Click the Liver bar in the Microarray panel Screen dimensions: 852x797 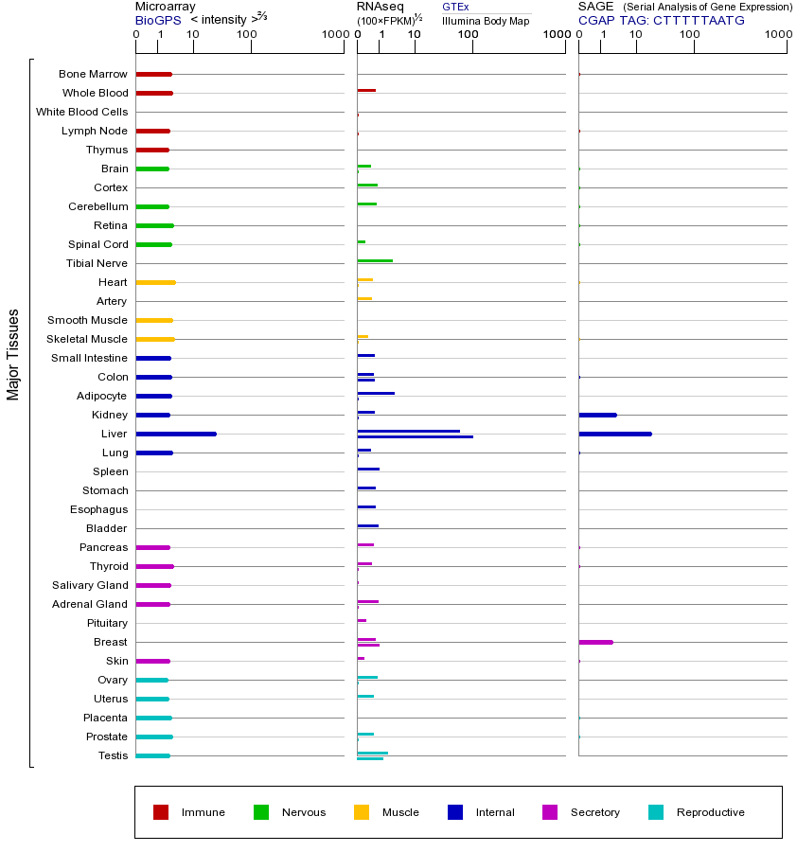coord(176,434)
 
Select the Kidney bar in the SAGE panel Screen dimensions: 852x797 coord(597,415)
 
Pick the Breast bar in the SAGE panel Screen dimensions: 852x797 coord(595,642)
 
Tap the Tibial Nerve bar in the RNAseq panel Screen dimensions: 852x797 coord(375,260)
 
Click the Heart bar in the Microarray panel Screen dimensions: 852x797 coord(155,282)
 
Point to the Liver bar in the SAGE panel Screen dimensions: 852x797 coord(615,434)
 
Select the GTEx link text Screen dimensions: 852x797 coord(455,7)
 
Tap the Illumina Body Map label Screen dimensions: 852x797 coord(486,20)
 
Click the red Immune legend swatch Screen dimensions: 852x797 coord(161,812)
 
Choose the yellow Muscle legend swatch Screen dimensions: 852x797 coord(362,812)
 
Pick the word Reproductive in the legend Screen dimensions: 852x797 coord(710,812)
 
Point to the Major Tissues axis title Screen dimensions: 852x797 coord(13,354)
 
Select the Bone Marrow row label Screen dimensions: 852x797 coord(93,74)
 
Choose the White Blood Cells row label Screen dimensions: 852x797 coord(81,112)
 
